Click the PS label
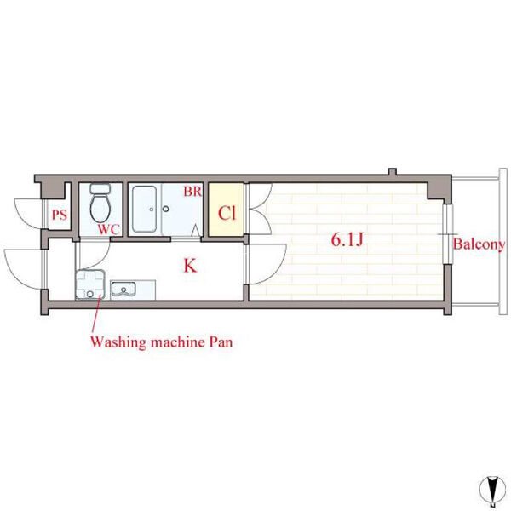click(60, 215)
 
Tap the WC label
click(109, 229)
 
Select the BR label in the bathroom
click(192, 192)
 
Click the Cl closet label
click(227, 214)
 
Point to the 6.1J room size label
click(347, 240)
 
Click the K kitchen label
click(190, 266)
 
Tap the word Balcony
click(479, 244)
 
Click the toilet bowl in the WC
click(100, 208)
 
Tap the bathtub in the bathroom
click(145, 209)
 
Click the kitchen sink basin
click(123, 289)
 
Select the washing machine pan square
click(90, 284)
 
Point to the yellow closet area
click(227, 210)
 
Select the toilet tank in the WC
click(100, 189)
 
